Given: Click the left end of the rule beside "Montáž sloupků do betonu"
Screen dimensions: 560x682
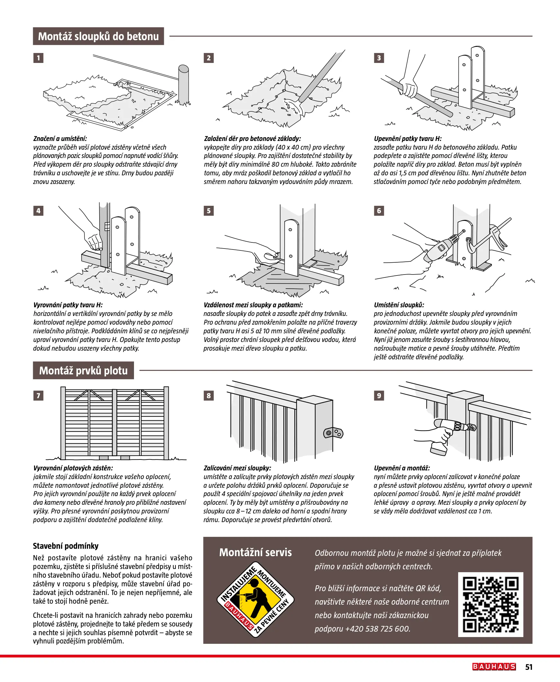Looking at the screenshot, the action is [170, 36].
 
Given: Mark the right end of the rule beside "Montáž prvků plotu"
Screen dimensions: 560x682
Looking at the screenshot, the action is [532, 370].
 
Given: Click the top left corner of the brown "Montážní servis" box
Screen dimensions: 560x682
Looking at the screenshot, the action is [204, 537].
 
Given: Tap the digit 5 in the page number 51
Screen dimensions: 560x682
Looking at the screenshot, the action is [527, 667].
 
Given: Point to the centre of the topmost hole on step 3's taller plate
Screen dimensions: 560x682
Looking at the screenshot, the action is [477, 56].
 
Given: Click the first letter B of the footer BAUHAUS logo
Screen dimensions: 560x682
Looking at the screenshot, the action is [476, 667].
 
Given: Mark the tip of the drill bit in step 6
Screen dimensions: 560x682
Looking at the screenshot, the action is [464, 231].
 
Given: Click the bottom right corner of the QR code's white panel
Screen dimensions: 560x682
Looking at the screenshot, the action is [523, 637].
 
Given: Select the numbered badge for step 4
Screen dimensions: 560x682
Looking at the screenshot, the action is [38, 211].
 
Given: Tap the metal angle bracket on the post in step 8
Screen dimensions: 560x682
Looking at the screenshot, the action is [333, 433].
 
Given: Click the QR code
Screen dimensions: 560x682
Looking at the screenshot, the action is [491, 605].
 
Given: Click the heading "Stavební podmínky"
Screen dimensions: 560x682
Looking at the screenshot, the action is [66, 546].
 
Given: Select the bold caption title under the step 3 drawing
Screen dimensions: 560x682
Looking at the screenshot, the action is [408, 139].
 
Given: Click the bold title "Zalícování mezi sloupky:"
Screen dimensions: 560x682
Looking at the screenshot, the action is [237, 468].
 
